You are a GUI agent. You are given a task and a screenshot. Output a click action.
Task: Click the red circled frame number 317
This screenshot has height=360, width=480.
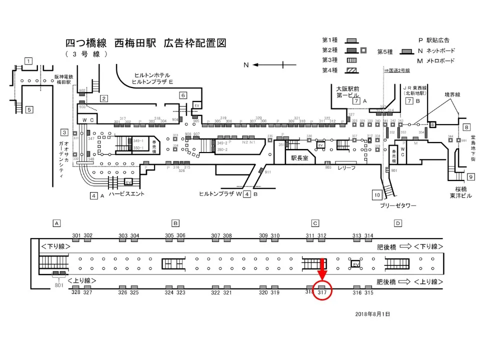[x=322, y=292]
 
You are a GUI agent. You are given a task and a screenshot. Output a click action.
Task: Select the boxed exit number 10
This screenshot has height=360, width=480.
[x=377, y=194]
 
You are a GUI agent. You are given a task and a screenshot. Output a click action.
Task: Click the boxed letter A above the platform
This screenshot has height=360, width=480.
[x=57, y=223]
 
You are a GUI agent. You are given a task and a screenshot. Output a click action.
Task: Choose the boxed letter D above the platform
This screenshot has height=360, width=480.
[x=397, y=223]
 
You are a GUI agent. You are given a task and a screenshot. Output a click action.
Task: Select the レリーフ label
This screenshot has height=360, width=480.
[x=346, y=168]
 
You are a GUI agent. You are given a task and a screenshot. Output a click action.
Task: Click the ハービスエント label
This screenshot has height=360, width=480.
[x=126, y=194]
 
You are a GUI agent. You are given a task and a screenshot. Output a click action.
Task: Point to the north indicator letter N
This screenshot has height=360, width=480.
[x=246, y=65]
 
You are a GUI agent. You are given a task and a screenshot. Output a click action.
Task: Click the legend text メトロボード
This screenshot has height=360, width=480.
[x=439, y=61]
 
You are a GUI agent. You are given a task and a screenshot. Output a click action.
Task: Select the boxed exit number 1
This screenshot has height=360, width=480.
[x=28, y=61]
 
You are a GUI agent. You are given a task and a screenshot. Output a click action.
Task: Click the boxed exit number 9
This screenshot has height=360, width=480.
[x=470, y=177]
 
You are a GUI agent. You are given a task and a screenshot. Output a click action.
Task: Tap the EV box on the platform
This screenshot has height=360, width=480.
[x=356, y=263]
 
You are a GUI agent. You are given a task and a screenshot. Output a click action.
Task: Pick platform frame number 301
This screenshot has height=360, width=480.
[x=76, y=235]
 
